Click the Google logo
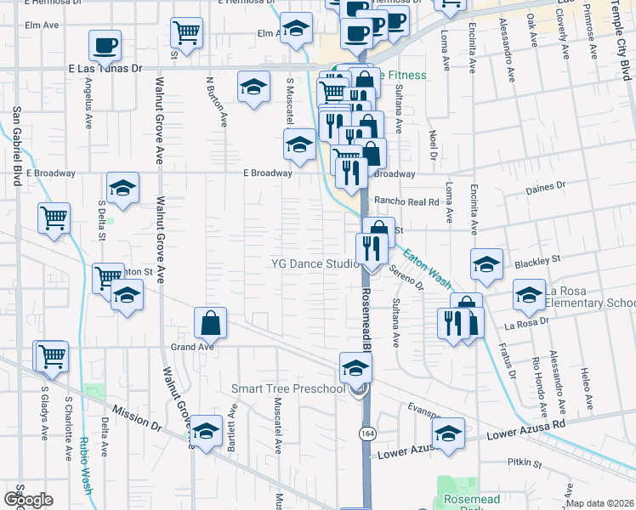coord(28,499)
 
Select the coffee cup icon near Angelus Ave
coord(105,46)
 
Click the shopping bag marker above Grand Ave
coord(210,324)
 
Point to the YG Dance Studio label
coord(315,263)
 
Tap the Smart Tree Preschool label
coord(289,389)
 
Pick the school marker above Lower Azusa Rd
coord(448,433)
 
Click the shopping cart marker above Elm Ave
coord(186,33)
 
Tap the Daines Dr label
coord(547,186)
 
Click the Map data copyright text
coord(599,503)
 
